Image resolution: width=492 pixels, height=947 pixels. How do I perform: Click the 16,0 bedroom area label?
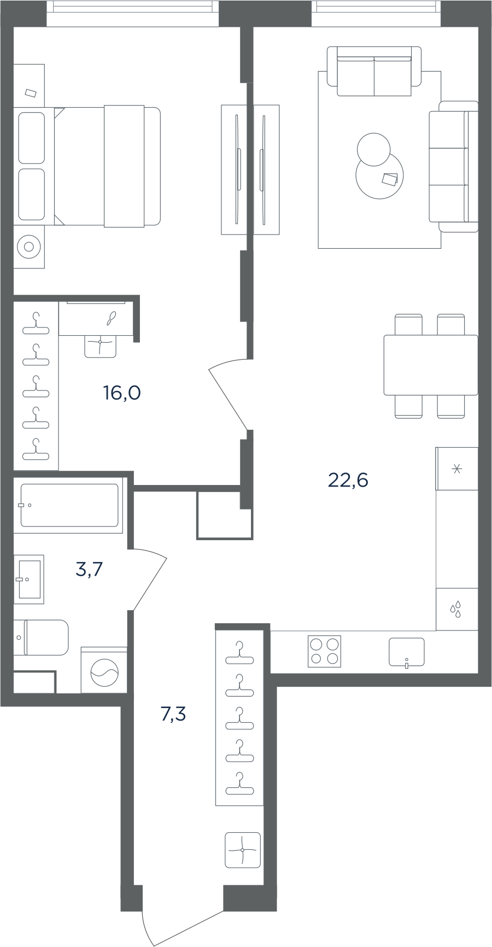click(122, 393)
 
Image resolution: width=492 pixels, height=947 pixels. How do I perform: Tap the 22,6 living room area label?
click(348, 480)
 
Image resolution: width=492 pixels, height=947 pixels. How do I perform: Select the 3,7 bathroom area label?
click(89, 570)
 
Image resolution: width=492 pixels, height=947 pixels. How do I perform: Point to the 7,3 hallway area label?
click(173, 714)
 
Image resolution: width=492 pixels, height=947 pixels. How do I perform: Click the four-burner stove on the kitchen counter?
click(325, 651)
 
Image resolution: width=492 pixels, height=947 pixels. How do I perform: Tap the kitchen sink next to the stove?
click(407, 652)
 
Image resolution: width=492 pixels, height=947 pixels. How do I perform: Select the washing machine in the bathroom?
click(104, 670)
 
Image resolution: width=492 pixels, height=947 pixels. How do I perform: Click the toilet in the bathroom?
click(41, 638)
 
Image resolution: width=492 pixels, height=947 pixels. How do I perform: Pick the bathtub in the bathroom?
click(68, 505)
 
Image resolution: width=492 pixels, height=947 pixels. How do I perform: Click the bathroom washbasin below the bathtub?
click(29, 579)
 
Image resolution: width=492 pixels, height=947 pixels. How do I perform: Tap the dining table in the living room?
click(431, 365)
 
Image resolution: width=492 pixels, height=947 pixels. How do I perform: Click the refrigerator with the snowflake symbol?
click(457, 469)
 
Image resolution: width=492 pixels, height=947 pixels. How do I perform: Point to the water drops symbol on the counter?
click(456, 609)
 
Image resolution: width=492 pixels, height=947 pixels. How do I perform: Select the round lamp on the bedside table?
click(29, 247)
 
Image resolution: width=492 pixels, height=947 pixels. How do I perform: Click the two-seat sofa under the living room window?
click(374, 71)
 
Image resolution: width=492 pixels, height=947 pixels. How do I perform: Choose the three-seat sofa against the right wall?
click(454, 167)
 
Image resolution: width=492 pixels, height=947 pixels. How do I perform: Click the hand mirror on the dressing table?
click(111, 318)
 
